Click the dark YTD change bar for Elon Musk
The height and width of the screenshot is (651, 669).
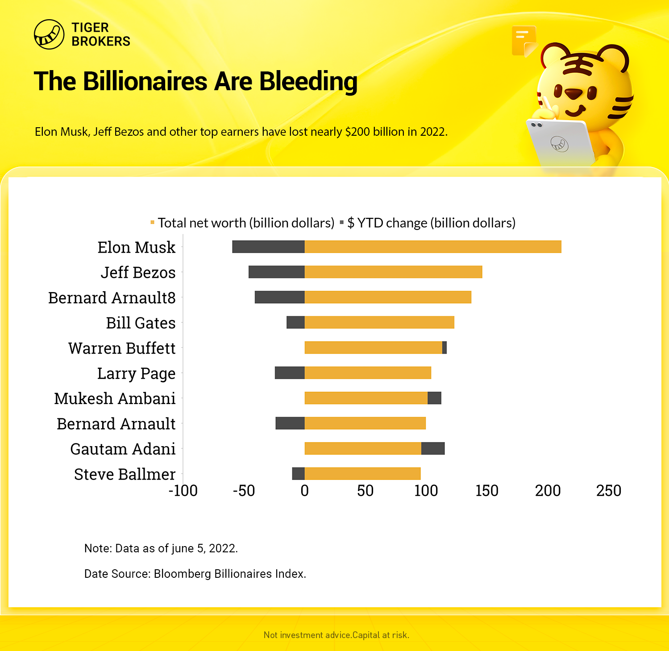[x=268, y=246]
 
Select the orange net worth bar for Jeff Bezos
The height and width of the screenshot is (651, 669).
[x=393, y=272]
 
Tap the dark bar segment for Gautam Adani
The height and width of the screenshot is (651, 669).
[x=433, y=448]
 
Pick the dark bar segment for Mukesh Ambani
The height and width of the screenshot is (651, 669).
[x=434, y=398]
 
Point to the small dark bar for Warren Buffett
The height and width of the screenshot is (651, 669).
[x=445, y=347]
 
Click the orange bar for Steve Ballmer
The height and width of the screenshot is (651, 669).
[x=362, y=474]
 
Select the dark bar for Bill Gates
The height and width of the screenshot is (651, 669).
[x=295, y=322]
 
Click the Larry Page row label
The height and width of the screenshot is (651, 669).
[x=136, y=373]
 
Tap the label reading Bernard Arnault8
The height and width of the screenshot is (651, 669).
[x=112, y=298]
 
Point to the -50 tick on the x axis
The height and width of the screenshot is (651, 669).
[x=244, y=491]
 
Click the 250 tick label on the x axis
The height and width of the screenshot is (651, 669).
[x=609, y=491]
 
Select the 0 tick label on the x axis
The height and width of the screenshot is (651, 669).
[x=305, y=491]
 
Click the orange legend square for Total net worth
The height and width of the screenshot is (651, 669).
[x=153, y=222]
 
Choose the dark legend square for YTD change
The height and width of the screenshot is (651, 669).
[x=342, y=222]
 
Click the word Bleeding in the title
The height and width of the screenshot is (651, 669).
[x=308, y=81]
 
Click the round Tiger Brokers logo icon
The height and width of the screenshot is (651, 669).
[x=49, y=34]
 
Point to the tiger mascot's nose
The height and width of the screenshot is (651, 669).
[x=573, y=94]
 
